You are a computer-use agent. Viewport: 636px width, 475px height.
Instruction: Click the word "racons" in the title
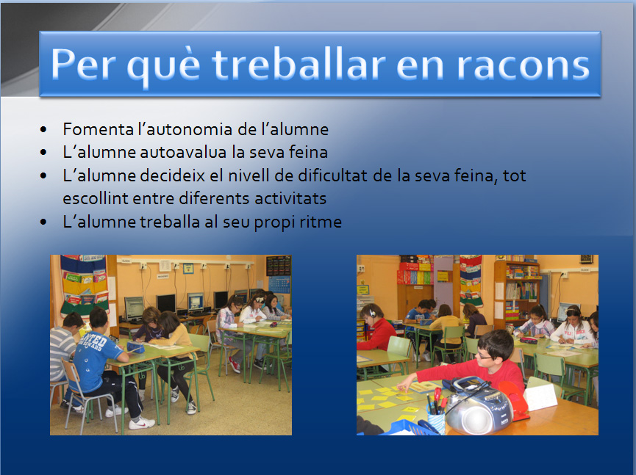[524, 65]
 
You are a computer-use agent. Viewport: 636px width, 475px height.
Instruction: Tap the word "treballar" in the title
[299, 64]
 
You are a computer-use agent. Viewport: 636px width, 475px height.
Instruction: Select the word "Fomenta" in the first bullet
[99, 130]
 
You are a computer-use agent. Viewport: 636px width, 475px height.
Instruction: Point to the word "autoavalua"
[183, 153]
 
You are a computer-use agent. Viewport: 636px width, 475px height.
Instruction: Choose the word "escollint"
[96, 198]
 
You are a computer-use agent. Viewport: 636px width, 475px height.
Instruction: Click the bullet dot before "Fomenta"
[43, 130]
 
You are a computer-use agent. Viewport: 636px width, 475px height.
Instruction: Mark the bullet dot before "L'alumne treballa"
[43, 222]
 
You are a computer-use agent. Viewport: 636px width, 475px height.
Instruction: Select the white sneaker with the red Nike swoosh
[141, 423]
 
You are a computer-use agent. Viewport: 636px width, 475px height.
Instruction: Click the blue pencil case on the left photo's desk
[135, 347]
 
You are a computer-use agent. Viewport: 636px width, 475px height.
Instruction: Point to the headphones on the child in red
[371, 312]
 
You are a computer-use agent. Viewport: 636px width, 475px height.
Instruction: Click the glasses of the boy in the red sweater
[485, 355]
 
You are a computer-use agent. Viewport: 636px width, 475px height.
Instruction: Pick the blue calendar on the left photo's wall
[279, 285]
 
